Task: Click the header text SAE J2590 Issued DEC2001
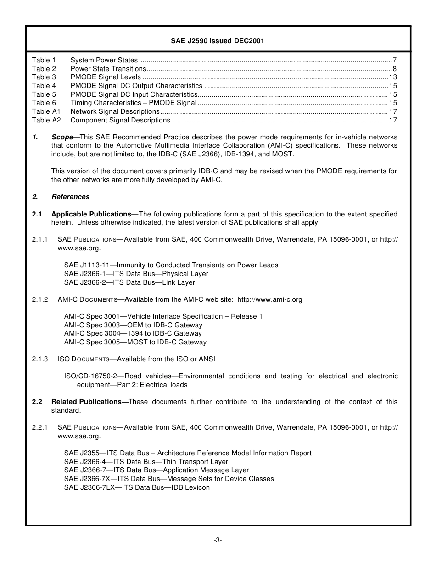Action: (x=218, y=40)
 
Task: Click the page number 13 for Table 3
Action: (x=393, y=77)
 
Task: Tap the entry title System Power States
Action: (x=104, y=60)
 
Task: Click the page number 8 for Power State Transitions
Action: (x=395, y=69)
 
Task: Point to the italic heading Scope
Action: (x=63, y=137)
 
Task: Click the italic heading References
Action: (x=71, y=197)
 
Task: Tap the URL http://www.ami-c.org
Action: (x=270, y=299)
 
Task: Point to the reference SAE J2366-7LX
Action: (x=90, y=487)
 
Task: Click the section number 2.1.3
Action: (x=40, y=359)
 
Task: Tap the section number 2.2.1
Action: (x=40, y=427)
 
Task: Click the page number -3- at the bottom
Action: (x=218, y=540)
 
